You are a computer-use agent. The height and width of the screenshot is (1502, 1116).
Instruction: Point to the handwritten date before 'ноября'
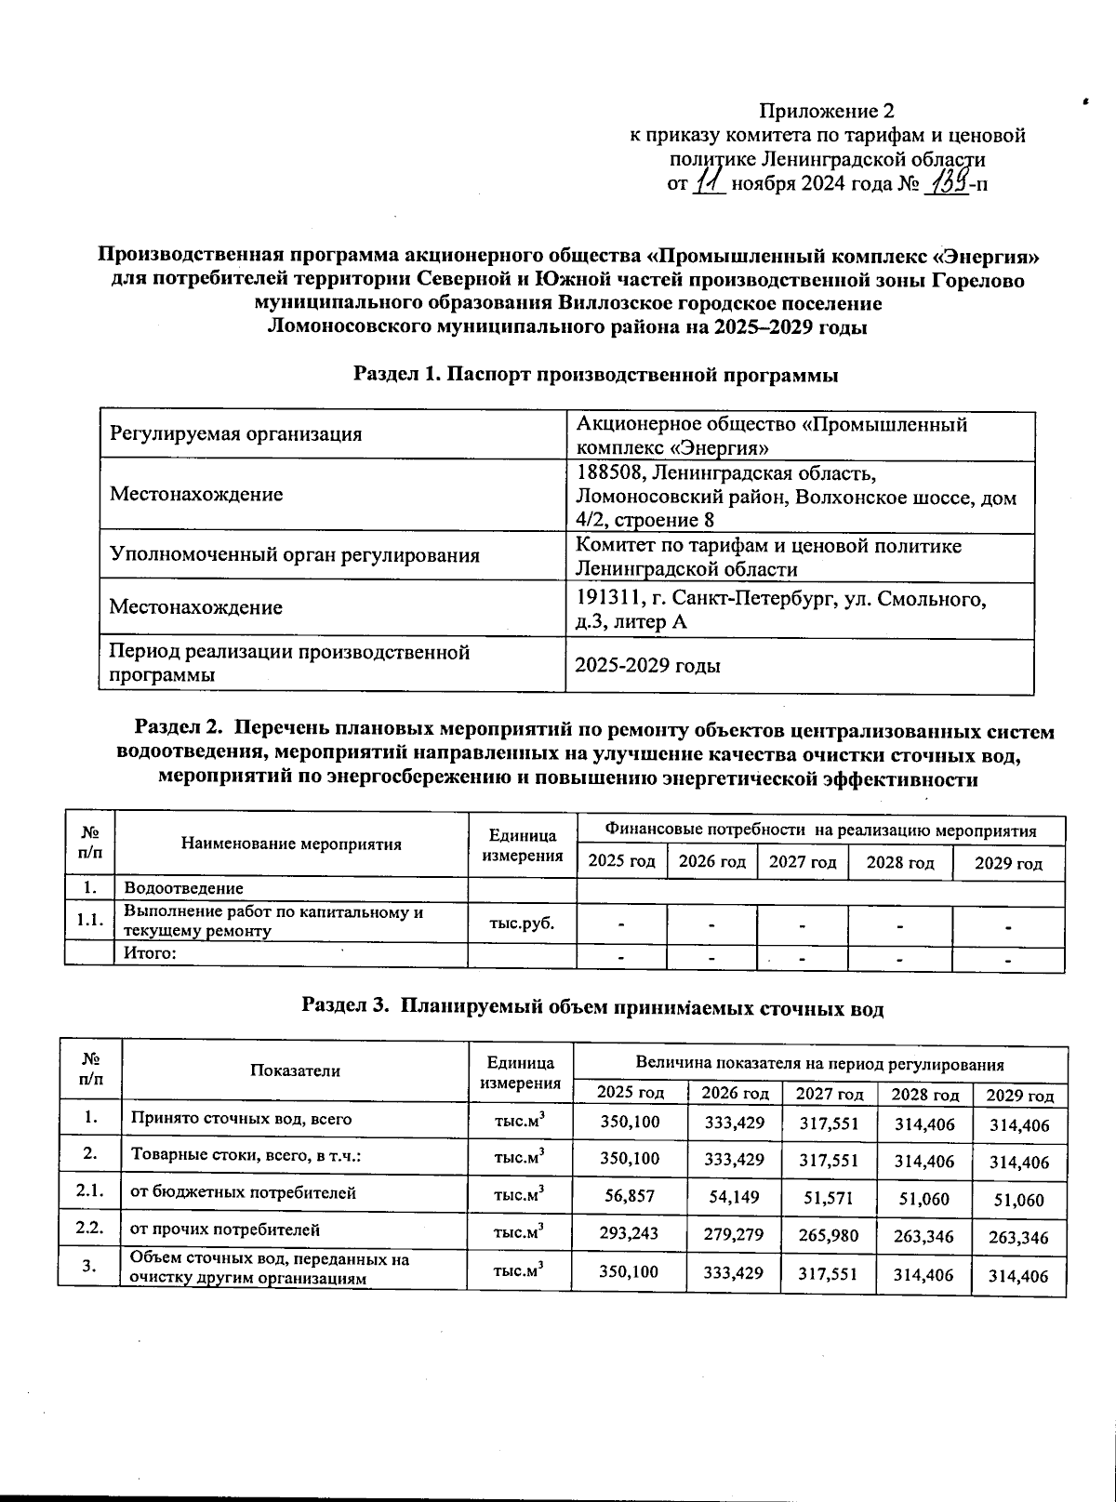pyautogui.click(x=711, y=179)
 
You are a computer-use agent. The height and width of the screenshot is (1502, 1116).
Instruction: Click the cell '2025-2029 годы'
pyautogui.click(x=648, y=666)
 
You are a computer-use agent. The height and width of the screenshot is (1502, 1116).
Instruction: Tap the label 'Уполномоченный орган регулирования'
pyautogui.click(x=295, y=556)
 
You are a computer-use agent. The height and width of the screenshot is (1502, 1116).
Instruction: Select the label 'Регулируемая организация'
pyautogui.click(x=235, y=433)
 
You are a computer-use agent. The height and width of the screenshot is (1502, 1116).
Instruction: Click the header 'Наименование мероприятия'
pyautogui.click(x=291, y=844)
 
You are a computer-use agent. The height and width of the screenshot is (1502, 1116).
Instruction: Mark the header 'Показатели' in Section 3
pyautogui.click(x=295, y=1070)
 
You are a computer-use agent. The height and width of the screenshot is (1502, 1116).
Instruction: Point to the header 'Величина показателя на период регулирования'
pyautogui.click(x=818, y=1062)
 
